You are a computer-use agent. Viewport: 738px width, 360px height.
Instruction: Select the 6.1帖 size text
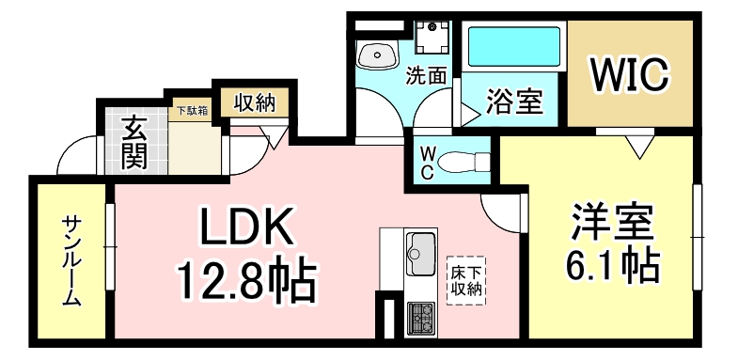click(611, 267)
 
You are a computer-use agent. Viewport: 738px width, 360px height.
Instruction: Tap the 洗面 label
click(426, 76)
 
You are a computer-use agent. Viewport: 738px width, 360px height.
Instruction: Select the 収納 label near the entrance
click(254, 101)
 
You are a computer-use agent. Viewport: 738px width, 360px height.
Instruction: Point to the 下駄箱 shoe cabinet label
click(193, 109)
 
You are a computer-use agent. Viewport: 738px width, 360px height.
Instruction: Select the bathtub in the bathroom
click(513, 47)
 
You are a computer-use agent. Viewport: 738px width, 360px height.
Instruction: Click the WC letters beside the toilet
click(427, 161)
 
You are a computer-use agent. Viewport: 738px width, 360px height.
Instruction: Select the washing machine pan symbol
click(434, 38)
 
